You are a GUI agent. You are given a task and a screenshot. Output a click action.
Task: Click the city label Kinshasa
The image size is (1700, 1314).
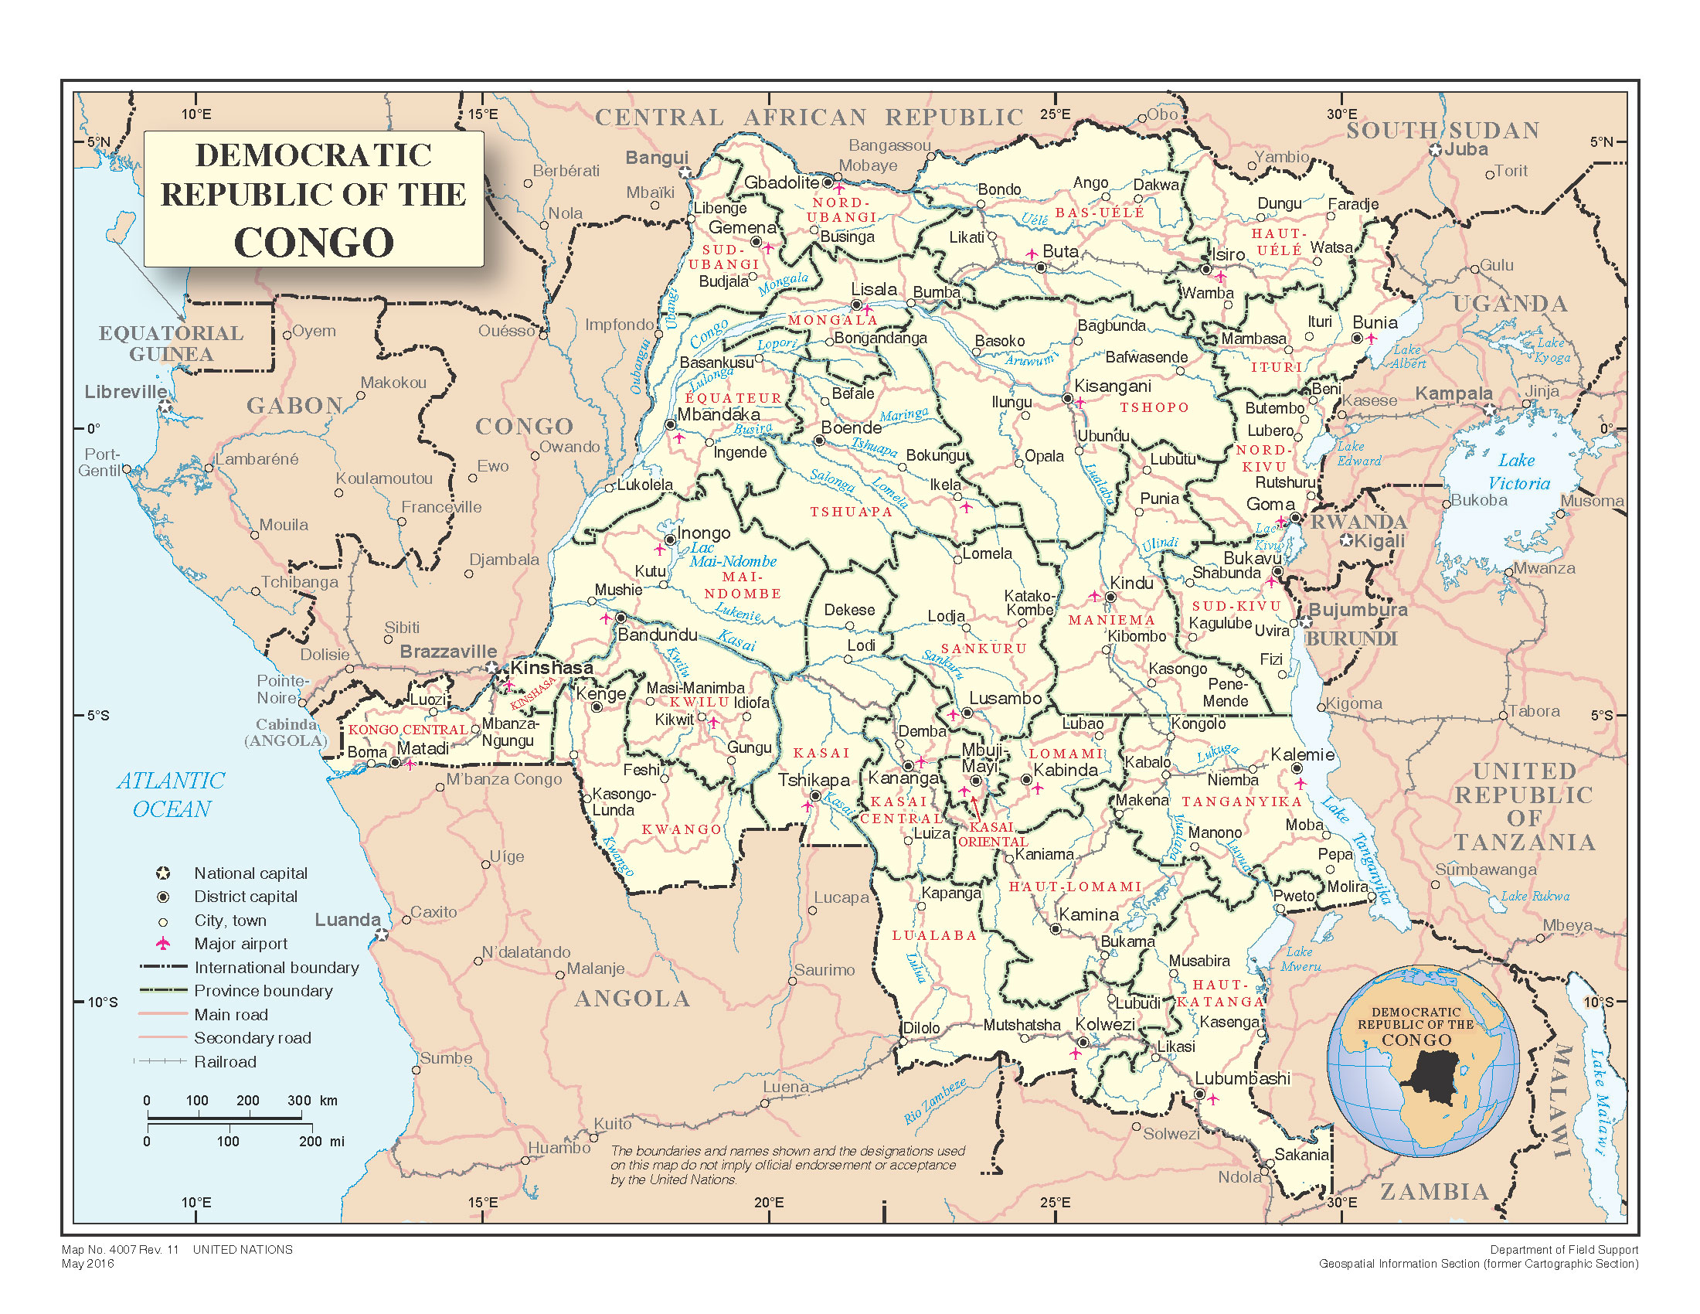pyautogui.click(x=551, y=667)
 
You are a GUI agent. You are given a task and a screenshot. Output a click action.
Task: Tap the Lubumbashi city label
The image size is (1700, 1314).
pyautogui.click(x=1243, y=1078)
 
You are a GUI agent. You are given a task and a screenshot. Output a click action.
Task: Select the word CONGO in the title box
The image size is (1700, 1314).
pyautogui.click(x=314, y=242)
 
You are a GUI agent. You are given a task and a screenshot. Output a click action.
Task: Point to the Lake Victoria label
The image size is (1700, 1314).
pyautogui.click(x=1518, y=471)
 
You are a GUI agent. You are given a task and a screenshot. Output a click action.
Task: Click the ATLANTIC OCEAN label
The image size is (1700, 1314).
pyautogui.click(x=172, y=794)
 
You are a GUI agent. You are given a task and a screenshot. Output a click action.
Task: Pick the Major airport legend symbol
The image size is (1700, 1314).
pyautogui.click(x=163, y=944)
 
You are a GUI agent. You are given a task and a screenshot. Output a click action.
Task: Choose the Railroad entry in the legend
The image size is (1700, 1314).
pyautogui.click(x=225, y=1062)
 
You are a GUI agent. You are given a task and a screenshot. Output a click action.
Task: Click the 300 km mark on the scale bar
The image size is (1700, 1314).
pyautogui.click(x=300, y=1100)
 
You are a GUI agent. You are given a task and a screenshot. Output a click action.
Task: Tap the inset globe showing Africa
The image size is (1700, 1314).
pyautogui.click(x=1422, y=1061)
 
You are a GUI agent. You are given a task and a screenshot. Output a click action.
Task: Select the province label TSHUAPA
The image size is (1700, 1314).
pyautogui.click(x=851, y=512)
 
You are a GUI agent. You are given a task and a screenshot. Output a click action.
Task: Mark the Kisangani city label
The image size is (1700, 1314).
pyautogui.click(x=1112, y=386)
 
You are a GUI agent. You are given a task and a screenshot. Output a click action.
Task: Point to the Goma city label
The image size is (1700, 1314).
pyautogui.click(x=1270, y=504)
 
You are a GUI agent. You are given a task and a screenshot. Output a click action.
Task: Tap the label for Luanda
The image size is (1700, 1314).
pyautogui.click(x=347, y=919)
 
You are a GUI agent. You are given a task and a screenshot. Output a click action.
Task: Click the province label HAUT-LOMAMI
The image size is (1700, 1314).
pyautogui.click(x=1075, y=887)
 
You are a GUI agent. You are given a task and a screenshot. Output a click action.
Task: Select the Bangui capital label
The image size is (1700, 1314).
pyautogui.click(x=657, y=157)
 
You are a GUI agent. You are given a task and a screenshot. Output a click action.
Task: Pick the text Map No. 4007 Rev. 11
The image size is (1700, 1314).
pyautogui.click(x=120, y=1249)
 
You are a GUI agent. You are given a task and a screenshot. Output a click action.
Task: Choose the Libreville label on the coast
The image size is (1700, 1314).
pyautogui.click(x=125, y=392)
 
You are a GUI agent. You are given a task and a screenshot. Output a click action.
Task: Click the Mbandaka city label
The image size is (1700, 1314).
pyautogui.click(x=718, y=414)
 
